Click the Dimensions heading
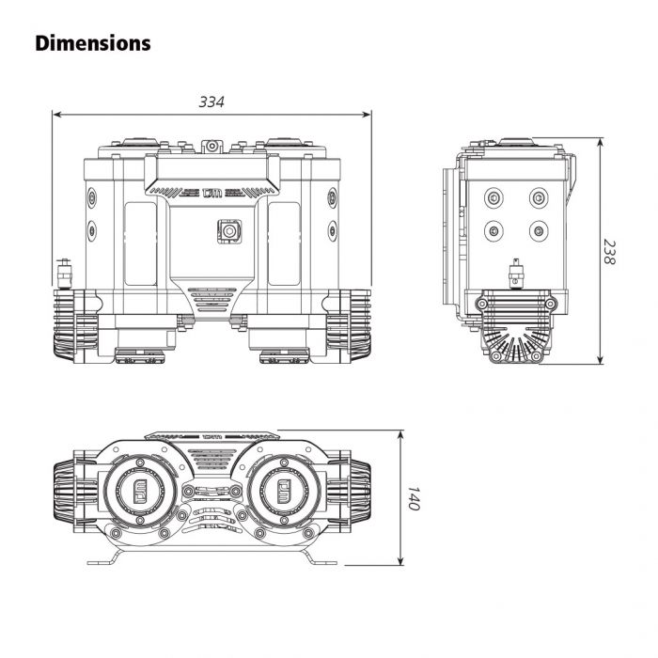93,43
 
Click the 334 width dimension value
211,102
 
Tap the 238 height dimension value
609,252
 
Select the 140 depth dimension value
414,498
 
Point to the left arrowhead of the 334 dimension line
57,114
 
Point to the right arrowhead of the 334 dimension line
367,114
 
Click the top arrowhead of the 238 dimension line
601,143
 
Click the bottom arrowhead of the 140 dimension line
401,560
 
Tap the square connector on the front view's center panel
229,231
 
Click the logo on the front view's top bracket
211,193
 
